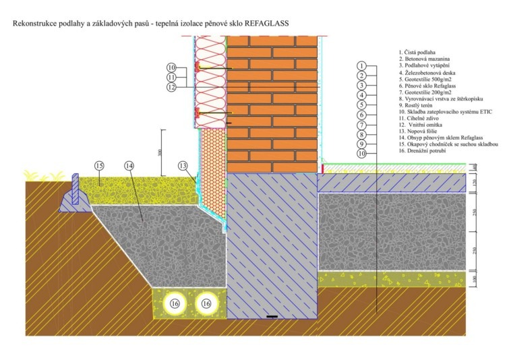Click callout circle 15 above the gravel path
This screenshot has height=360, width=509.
pos(100,166)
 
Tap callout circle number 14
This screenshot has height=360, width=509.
pos(130,166)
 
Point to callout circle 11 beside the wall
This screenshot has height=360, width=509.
pos(172,78)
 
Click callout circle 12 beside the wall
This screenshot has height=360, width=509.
pos(172,87)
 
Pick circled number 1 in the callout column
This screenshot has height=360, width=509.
pos(362,65)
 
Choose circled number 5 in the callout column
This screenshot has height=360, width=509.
pos(362,105)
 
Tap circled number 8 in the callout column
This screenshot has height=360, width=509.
pos(362,134)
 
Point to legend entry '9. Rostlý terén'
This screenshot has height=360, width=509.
pos(417,104)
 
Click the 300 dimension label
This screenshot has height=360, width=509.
pos(158,152)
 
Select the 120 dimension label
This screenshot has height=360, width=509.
pos(473,183)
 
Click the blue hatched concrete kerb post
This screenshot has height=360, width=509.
pos(76,189)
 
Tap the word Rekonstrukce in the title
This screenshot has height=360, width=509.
pos(31,23)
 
